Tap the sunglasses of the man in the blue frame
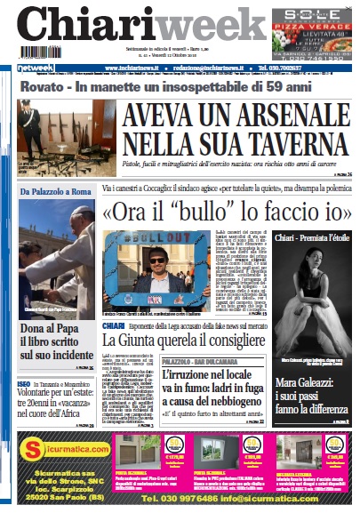tap(157, 261)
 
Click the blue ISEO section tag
tap(27, 383)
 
